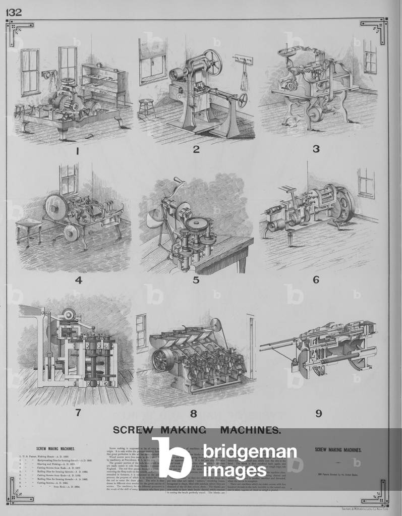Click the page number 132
pyautogui.click(x=14, y=12)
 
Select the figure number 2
pyautogui.click(x=196, y=149)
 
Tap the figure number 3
pyautogui.click(x=316, y=149)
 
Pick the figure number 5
pyautogui.click(x=196, y=280)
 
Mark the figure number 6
pyautogui.click(x=316, y=279)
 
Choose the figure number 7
pyautogui.click(x=78, y=412)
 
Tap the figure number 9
pyautogui.click(x=318, y=414)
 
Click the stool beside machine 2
pyautogui.click(x=146, y=107)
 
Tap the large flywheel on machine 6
pyautogui.click(x=345, y=206)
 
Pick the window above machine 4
pyautogui.click(x=69, y=179)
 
